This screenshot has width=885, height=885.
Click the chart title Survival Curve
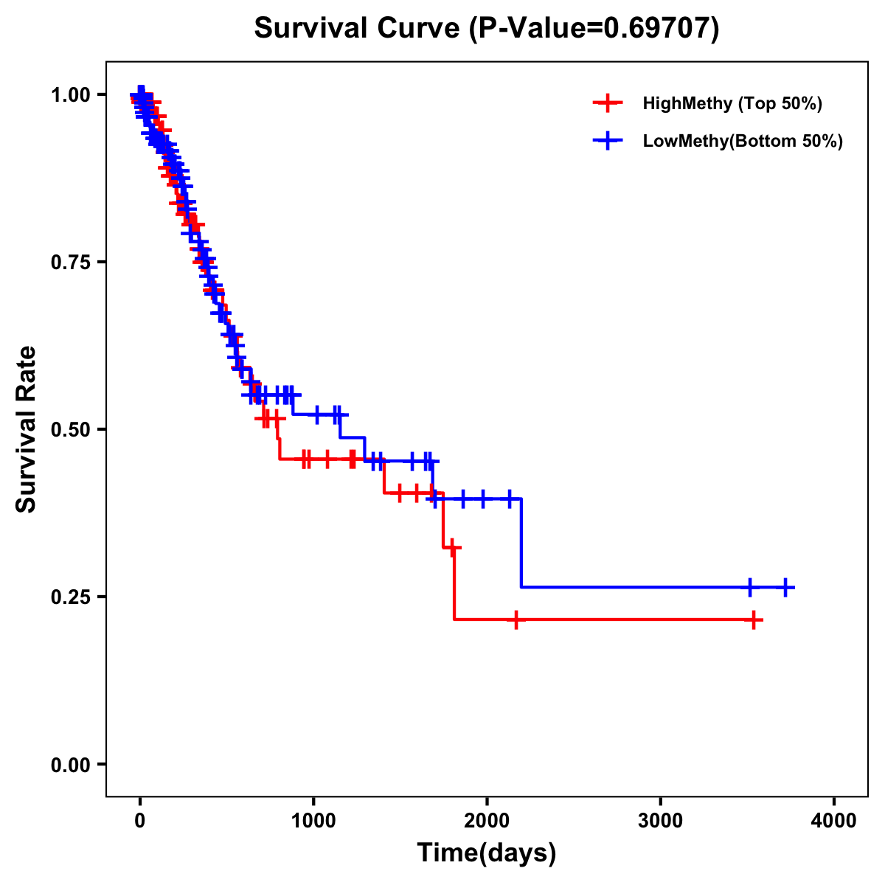click(x=358, y=28)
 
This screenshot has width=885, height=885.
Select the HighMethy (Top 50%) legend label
click(x=732, y=103)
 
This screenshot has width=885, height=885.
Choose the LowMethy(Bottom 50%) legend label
click(x=743, y=141)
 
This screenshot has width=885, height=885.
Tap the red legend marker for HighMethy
click(x=608, y=103)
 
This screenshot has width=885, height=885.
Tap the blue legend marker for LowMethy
click(x=608, y=141)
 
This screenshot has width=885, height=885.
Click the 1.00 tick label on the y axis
click(x=72, y=94)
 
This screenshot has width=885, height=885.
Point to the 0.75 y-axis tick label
click(x=72, y=262)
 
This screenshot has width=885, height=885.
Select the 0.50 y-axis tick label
click(x=72, y=429)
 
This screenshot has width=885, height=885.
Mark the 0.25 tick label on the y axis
click(x=72, y=597)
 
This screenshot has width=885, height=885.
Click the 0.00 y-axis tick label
click(x=72, y=764)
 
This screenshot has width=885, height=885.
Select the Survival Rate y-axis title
click(x=27, y=429)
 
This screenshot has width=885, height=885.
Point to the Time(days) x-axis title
click(x=487, y=853)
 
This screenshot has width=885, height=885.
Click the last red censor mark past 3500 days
click(x=754, y=619)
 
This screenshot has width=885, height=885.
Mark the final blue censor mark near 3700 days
click(x=785, y=587)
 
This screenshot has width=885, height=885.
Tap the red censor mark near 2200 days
click(x=516, y=619)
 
